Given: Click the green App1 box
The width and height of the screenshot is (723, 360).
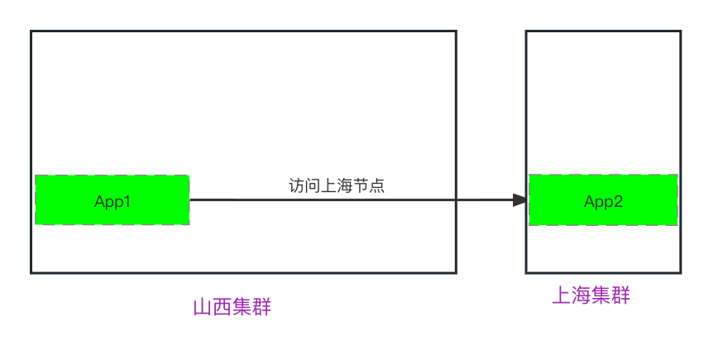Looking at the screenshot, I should (x=112, y=199).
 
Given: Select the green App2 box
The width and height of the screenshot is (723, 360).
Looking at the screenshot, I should (x=603, y=199).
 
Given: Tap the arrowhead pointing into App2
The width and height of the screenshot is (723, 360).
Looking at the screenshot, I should (x=520, y=199).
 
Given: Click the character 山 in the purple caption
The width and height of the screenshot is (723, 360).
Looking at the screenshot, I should (x=202, y=308).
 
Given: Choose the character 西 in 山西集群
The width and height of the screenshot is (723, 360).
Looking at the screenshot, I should (x=222, y=308).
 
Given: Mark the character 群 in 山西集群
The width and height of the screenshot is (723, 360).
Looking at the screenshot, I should (x=261, y=308).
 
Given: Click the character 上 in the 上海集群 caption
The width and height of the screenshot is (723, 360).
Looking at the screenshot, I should (x=561, y=295).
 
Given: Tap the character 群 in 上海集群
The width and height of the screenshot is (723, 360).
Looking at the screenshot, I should (x=620, y=295).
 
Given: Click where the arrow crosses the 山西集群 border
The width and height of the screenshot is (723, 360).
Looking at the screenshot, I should (x=456, y=199).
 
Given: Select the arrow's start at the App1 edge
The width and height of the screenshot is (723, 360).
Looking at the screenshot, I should (x=190, y=199).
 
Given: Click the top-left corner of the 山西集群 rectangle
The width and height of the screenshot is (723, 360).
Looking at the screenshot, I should (x=31, y=31).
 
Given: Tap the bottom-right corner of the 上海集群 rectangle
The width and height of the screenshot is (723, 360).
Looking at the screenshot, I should (x=680, y=272).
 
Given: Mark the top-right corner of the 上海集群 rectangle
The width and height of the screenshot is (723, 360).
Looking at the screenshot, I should (x=680, y=31).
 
